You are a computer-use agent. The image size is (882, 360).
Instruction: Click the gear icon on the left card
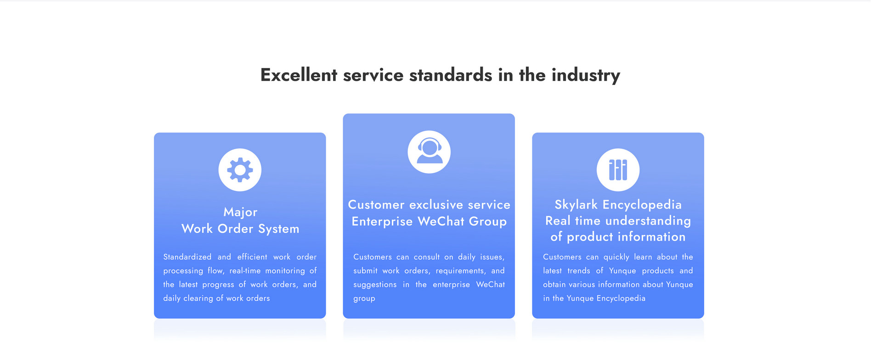[x=240, y=170]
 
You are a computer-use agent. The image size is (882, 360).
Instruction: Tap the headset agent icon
[x=429, y=151]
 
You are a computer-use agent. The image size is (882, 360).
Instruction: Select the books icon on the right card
[x=618, y=170]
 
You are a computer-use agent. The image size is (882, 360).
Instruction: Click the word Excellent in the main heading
[x=299, y=75]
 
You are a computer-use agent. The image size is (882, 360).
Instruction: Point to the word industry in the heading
[x=586, y=75]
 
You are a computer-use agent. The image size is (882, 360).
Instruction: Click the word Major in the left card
[x=240, y=212]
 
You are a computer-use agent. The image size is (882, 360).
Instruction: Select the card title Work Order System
[x=240, y=229]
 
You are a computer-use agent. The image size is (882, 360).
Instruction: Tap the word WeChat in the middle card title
[x=441, y=221]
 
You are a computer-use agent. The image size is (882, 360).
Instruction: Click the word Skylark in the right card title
[x=576, y=204]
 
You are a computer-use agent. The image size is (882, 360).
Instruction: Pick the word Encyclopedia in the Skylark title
[x=642, y=205]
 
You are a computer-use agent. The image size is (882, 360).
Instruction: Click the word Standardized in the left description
[x=187, y=257]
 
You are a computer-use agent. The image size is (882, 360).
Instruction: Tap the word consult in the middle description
[x=427, y=257]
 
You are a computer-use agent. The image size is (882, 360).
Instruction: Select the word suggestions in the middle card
[x=375, y=285]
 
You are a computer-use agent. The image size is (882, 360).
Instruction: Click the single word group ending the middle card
[x=364, y=298]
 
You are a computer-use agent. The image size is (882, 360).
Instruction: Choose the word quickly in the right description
[x=616, y=257]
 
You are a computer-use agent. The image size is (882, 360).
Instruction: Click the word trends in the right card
[x=579, y=270]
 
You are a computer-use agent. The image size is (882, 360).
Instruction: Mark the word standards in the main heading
[x=451, y=75]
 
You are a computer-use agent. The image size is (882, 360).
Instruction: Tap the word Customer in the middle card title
[x=376, y=205]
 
